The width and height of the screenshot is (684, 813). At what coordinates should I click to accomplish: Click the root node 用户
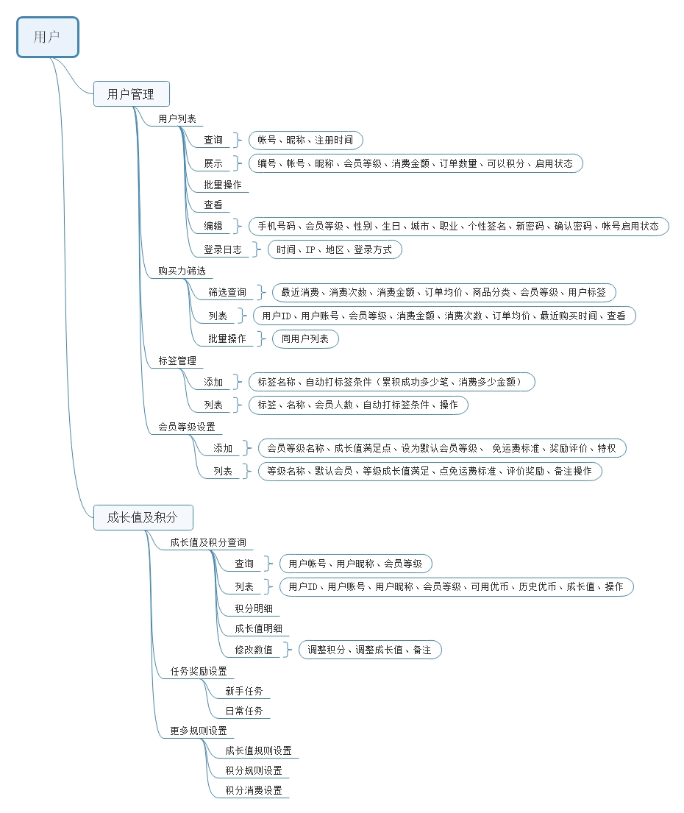[47, 37]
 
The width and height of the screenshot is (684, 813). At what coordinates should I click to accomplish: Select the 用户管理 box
[131, 94]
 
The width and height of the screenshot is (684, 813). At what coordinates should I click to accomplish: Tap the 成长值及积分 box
[143, 517]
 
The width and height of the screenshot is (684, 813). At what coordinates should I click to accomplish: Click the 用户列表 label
[177, 118]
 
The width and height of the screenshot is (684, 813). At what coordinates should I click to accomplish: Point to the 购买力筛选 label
[182, 271]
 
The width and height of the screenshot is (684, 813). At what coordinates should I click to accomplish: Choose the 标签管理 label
[177, 361]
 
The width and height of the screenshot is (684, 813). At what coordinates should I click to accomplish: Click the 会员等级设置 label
[186, 427]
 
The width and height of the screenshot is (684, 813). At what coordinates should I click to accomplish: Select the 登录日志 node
[222, 249]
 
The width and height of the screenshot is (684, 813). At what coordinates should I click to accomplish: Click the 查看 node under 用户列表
[213, 205]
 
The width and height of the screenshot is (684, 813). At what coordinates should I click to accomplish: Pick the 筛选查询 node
[227, 292]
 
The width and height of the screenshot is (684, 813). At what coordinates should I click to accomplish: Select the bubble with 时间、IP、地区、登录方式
[335, 249]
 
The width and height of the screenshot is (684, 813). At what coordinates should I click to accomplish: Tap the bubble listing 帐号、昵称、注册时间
[305, 140]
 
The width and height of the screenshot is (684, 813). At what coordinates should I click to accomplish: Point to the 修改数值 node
[254, 650]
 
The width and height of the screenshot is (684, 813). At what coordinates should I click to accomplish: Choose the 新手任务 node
[244, 692]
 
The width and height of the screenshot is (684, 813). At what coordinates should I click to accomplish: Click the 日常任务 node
[244, 711]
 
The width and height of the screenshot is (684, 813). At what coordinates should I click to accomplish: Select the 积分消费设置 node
[254, 791]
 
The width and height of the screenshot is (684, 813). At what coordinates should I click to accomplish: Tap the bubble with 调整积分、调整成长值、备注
[370, 650]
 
